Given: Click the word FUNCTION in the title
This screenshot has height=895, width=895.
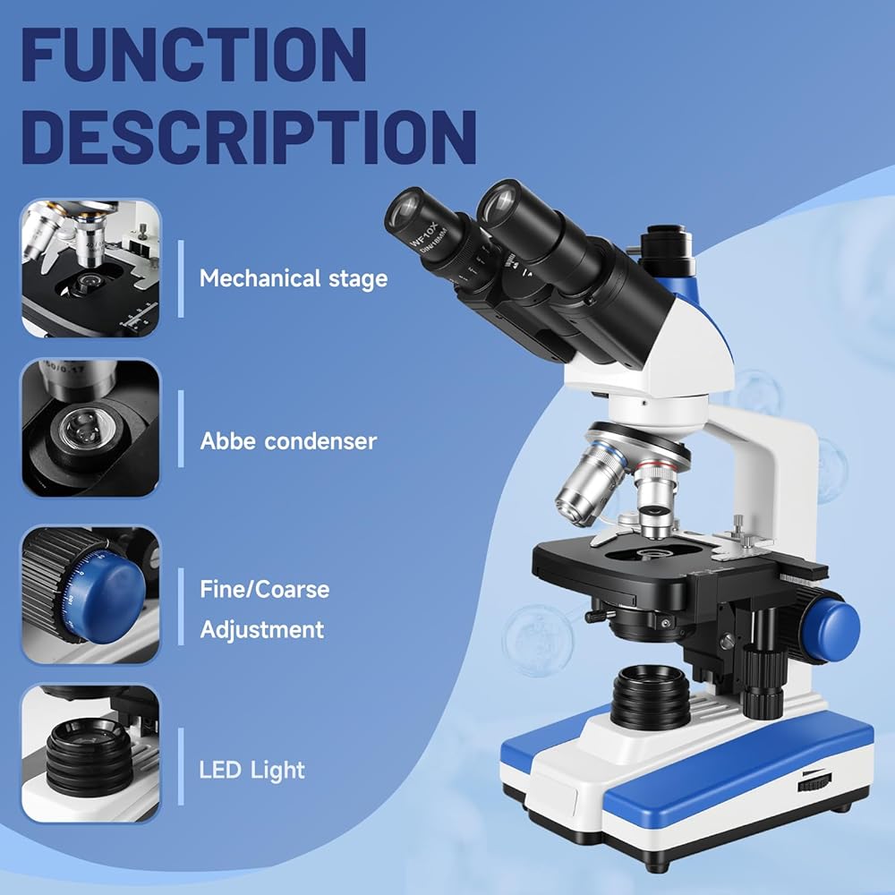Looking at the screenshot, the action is [x=192, y=55].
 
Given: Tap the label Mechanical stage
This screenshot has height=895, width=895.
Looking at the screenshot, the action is [x=294, y=278].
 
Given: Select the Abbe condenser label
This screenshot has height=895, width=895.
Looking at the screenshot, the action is [x=288, y=441].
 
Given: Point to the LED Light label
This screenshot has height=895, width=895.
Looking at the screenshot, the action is [x=252, y=770].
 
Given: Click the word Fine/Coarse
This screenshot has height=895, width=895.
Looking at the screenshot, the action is [x=264, y=590].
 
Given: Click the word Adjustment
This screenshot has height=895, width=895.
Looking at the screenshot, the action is [x=261, y=629].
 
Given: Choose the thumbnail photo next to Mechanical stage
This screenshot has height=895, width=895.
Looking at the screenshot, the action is [x=91, y=268].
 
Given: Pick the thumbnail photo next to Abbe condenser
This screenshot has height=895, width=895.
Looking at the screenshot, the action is [x=91, y=429].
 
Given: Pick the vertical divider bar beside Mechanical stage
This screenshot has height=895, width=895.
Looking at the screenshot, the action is [x=181, y=278].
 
